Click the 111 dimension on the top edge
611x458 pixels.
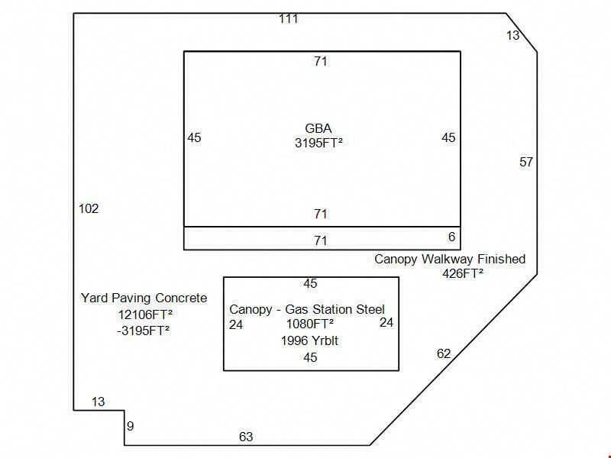coord(289,18)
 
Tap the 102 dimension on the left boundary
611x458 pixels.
coord(89,208)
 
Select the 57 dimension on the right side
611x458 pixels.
coord(526,162)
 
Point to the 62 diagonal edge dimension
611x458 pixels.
coord(444,353)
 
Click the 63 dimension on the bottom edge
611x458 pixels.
coord(246,437)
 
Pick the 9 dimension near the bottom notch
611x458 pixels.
coord(130,426)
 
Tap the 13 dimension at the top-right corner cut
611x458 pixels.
coord(512,35)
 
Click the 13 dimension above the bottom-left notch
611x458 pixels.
coord(99,402)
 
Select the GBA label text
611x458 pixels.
coord(318,128)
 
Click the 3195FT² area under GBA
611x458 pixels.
coord(318,143)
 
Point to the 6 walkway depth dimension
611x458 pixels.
coord(451,237)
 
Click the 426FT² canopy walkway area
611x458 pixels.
coord(463,273)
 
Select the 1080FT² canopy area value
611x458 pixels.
coord(310,324)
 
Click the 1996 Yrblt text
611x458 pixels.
coord(310,340)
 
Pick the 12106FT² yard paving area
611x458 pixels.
coord(145,314)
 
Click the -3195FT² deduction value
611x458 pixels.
coord(144,331)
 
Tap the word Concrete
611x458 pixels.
coord(181,298)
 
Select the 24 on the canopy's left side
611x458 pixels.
coord(236,324)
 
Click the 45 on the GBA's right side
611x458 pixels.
coord(448,137)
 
